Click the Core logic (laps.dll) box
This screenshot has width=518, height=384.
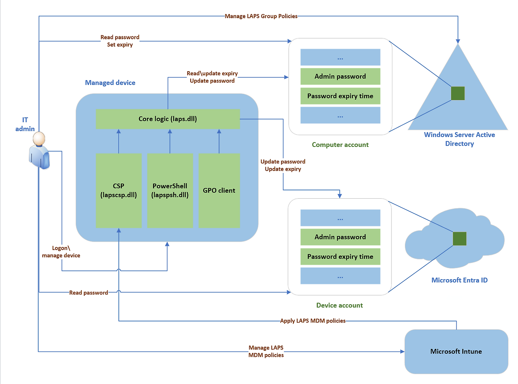[168, 119]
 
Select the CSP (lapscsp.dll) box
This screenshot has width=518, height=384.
[119, 190]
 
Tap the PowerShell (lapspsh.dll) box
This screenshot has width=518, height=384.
[170, 190]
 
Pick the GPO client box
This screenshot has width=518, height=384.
[219, 190]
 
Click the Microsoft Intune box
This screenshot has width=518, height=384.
[456, 351]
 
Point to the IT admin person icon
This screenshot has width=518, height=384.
[39, 150]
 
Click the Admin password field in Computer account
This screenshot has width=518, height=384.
[340, 76]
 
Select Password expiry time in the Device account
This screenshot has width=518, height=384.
[340, 257]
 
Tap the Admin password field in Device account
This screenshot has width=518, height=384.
[340, 237]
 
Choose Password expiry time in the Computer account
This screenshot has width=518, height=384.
[340, 96]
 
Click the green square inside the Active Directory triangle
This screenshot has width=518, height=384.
[458, 93]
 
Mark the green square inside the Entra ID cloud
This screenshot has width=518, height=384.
[459, 238]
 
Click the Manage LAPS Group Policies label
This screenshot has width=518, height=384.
[261, 16]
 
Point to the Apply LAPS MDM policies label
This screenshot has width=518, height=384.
[313, 321]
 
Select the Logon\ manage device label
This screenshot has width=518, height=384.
[61, 252]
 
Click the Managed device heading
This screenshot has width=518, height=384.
[110, 83]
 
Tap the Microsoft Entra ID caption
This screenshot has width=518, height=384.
[459, 280]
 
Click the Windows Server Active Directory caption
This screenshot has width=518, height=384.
[459, 139]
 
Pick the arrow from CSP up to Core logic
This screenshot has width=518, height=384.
[119, 141]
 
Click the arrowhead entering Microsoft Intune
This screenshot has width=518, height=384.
[402, 351]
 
